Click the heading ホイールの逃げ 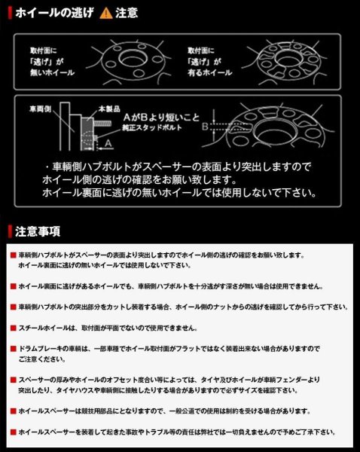pyautogui.click(x=57, y=13)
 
